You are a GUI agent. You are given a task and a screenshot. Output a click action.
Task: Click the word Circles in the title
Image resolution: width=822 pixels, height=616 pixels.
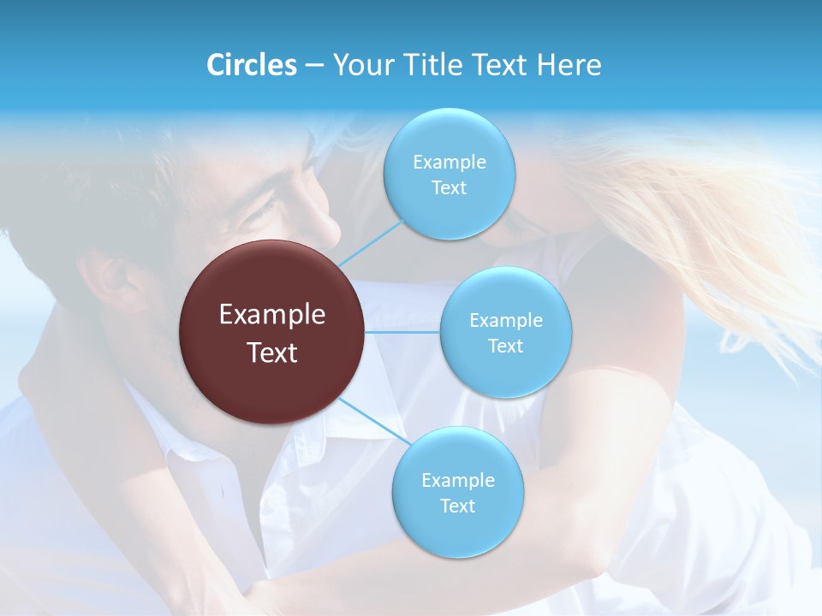[x=251, y=65]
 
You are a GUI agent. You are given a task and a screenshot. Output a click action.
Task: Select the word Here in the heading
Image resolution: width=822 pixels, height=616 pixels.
[x=569, y=65]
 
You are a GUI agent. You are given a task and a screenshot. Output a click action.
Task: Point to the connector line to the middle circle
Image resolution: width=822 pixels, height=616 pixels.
[x=402, y=332]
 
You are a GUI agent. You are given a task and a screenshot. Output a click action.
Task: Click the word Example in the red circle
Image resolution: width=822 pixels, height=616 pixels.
[x=272, y=315]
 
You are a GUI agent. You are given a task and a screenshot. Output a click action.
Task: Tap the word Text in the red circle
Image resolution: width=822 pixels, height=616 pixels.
[x=272, y=352]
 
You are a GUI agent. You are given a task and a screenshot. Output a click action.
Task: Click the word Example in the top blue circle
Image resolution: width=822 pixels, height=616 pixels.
[x=449, y=163]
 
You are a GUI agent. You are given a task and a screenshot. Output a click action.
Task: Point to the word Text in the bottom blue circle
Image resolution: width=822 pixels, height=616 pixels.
[x=457, y=506]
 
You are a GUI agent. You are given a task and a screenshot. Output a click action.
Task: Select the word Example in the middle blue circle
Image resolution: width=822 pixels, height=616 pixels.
[x=505, y=321]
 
